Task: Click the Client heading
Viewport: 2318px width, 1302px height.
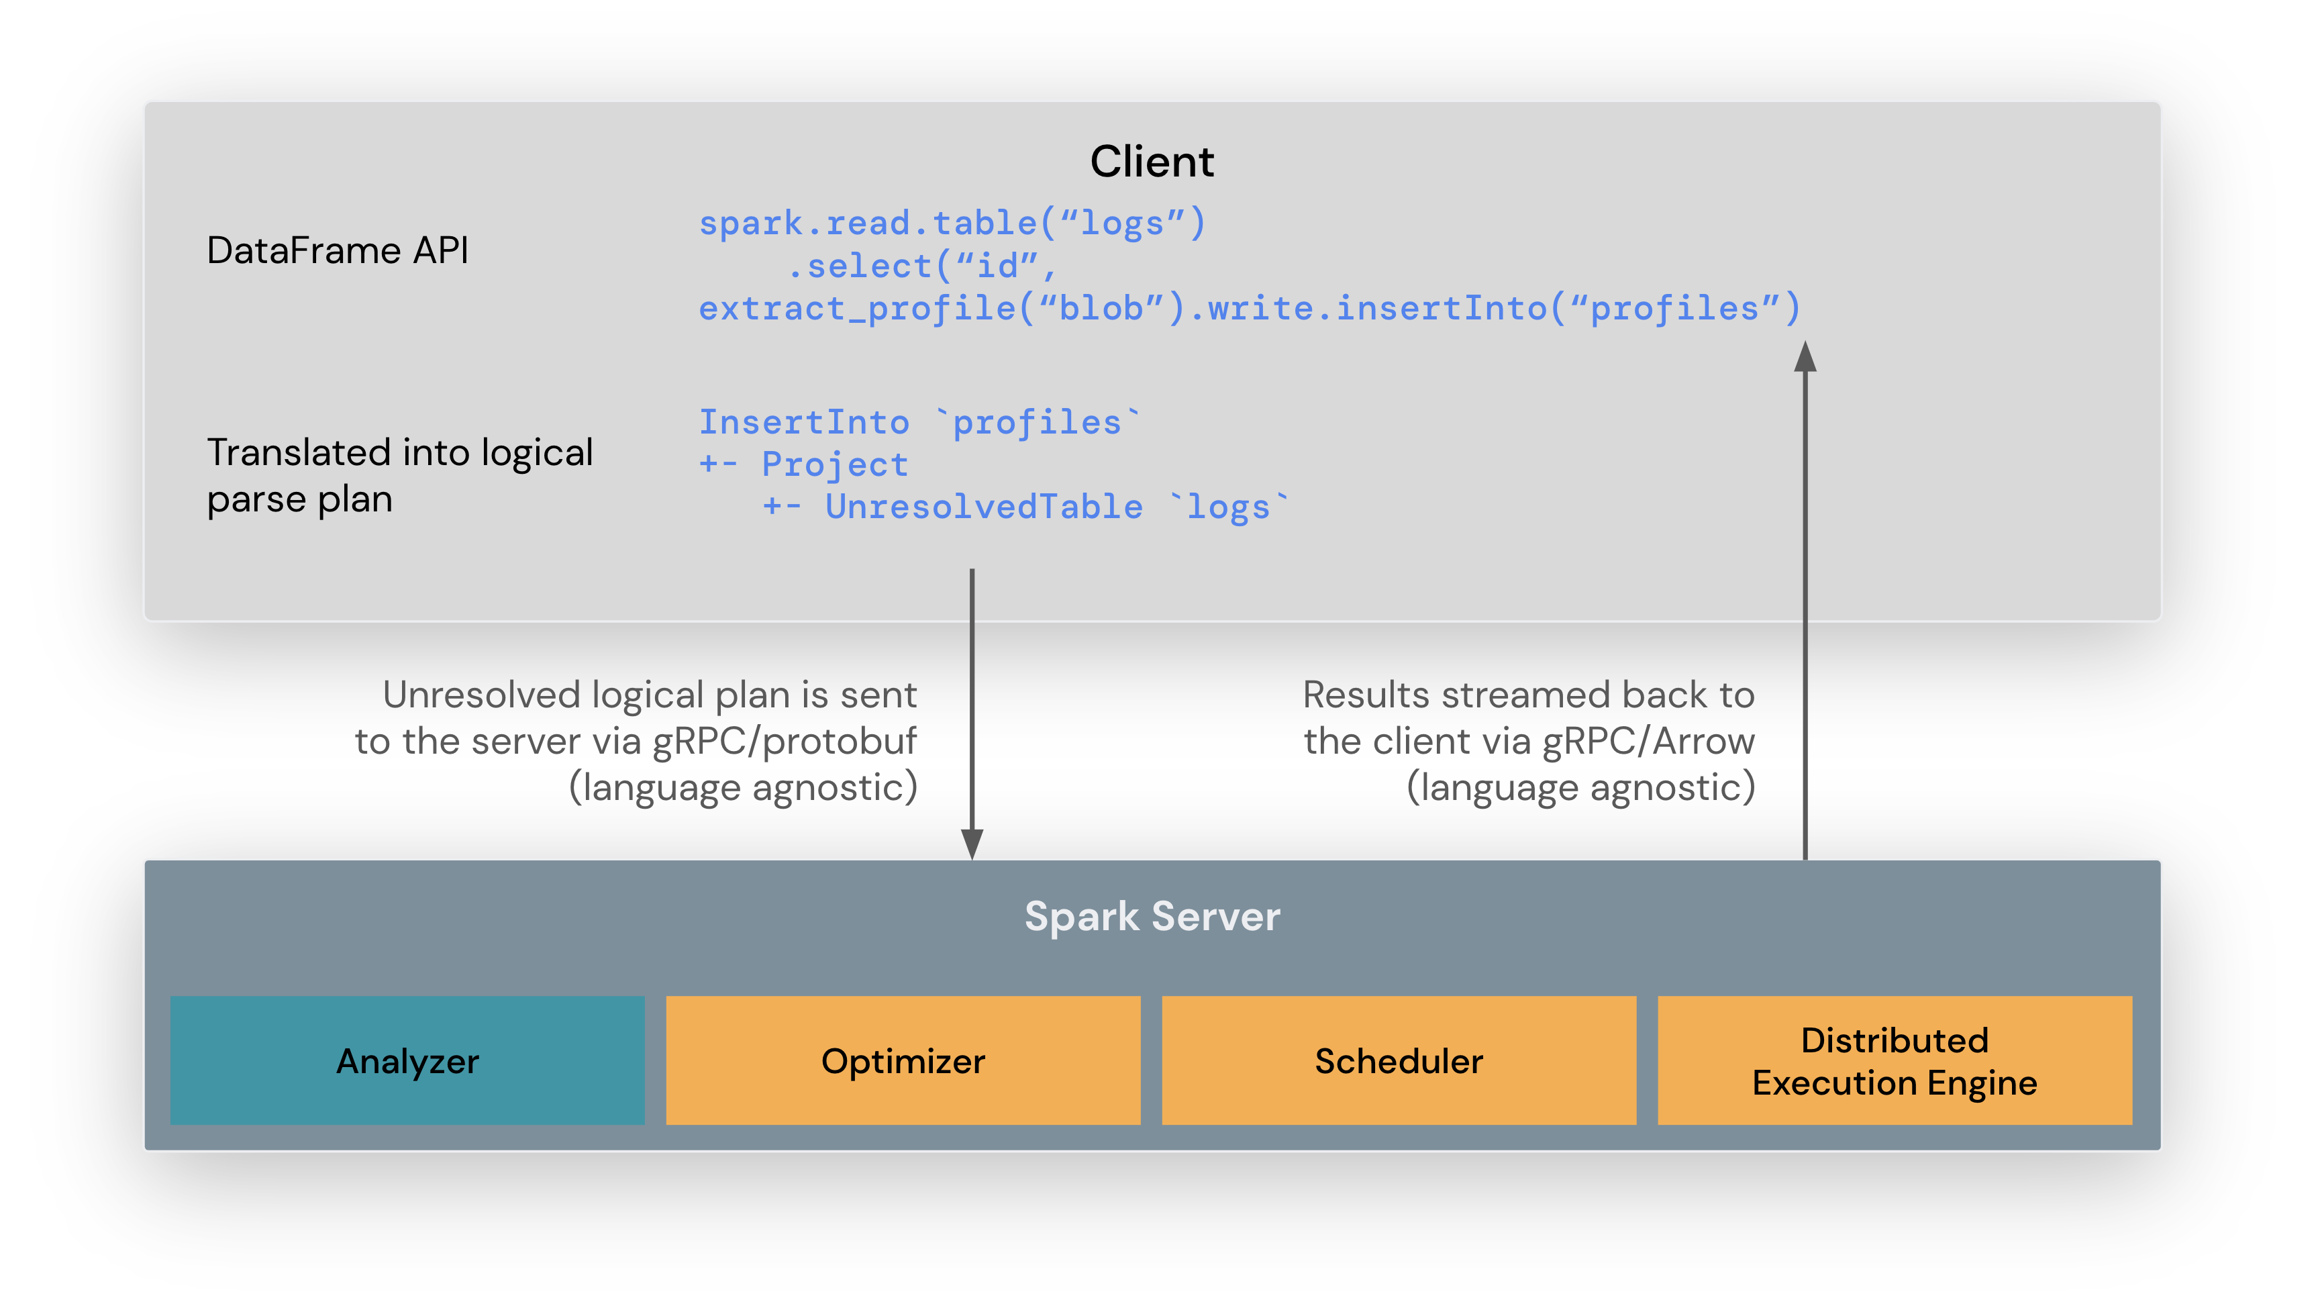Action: point(1152,162)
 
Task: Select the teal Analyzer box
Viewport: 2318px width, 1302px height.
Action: point(407,1060)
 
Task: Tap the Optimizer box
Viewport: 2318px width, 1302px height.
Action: point(903,1060)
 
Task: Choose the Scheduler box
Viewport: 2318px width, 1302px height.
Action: point(1399,1060)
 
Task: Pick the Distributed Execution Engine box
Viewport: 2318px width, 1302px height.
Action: point(1894,1060)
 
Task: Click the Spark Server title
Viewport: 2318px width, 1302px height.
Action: point(1152,916)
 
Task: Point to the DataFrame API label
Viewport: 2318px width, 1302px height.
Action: point(338,250)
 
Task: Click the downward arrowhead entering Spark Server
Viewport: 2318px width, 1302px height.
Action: point(972,844)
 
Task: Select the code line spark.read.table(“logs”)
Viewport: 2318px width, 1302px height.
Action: point(952,223)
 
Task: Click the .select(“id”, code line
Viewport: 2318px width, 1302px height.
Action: point(922,266)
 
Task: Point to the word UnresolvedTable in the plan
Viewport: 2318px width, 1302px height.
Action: point(984,507)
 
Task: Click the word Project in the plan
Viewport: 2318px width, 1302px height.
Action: point(834,464)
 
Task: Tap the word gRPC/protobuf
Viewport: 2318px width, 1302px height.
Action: point(784,742)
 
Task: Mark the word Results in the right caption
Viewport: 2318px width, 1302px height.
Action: point(1366,695)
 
